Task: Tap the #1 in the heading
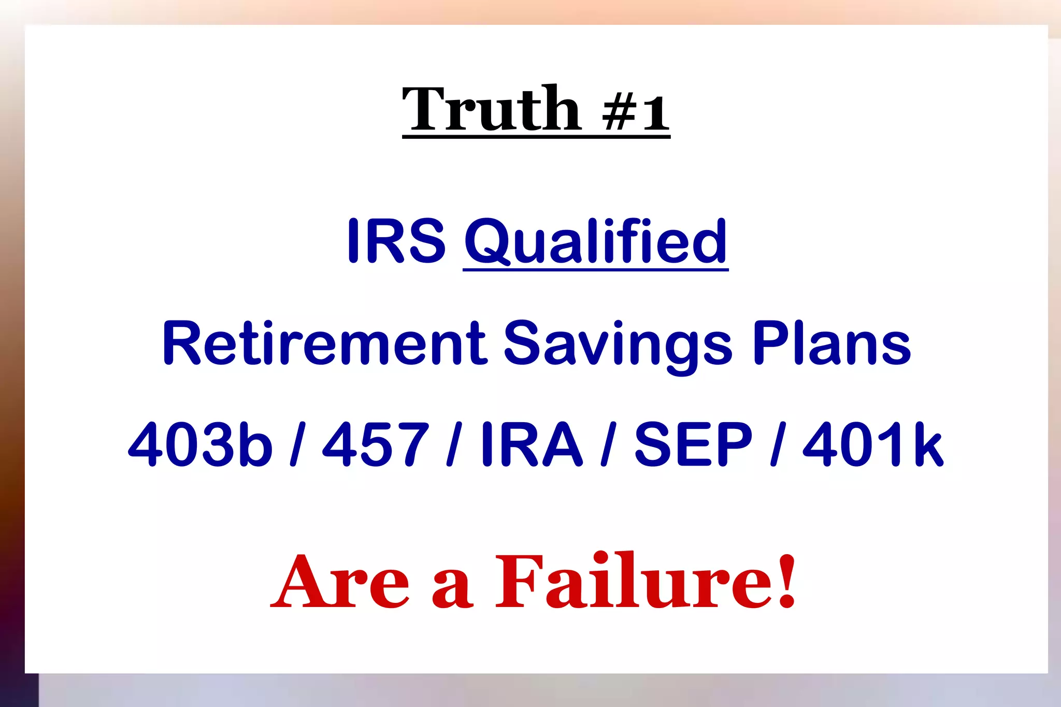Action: pos(636,113)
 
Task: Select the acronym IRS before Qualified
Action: pos(396,241)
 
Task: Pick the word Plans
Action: pos(831,343)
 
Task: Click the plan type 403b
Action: pos(200,444)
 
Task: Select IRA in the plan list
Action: pos(532,444)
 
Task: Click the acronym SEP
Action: pos(693,444)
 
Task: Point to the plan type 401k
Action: pos(873,444)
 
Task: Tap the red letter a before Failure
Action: pos(452,588)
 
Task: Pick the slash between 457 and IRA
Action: pos(454,444)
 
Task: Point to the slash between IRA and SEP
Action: pos(609,444)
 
